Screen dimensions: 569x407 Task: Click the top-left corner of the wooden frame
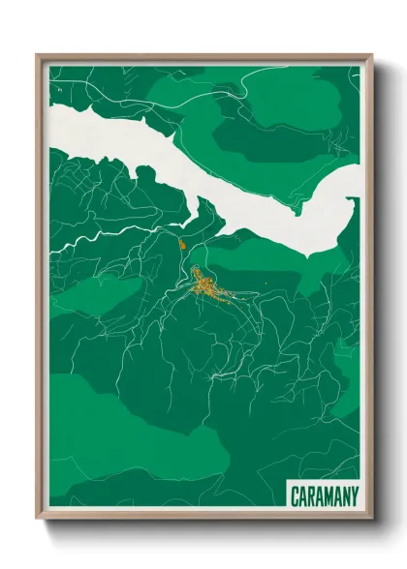point(38,56)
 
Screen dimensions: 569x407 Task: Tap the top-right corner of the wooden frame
point(370,56)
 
